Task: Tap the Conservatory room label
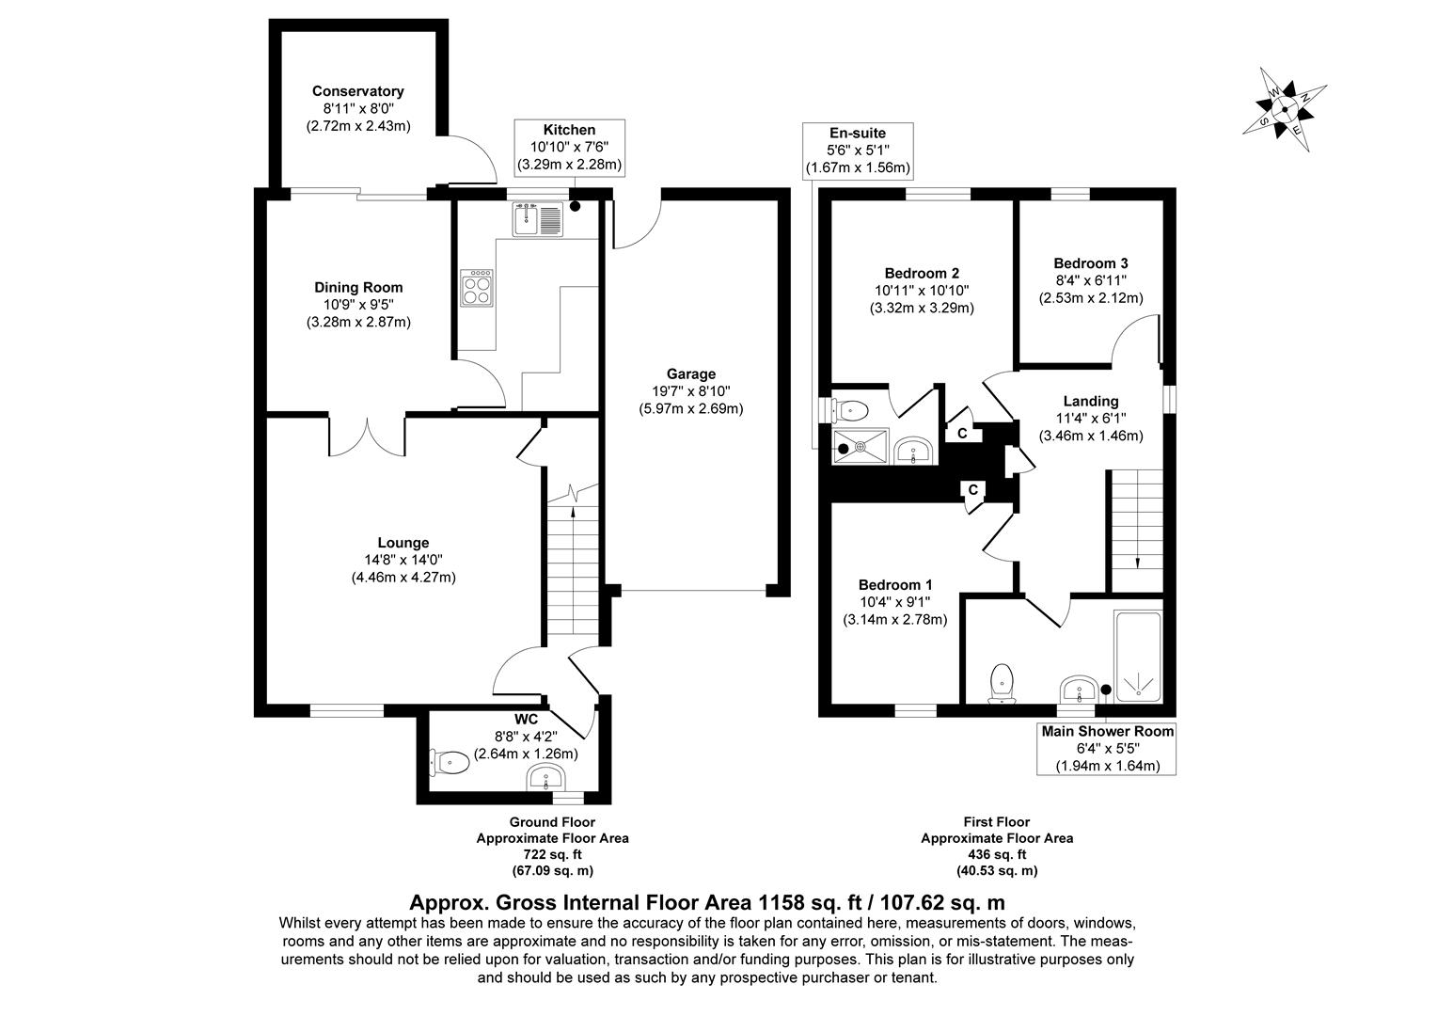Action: point(358,91)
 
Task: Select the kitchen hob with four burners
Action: point(477,287)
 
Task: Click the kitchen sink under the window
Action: point(537,219)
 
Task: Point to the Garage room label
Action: point(691,373)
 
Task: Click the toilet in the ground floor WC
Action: point(450,761)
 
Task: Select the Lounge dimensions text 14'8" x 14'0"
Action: point(403,560)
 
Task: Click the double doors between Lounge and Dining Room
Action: point(368,435)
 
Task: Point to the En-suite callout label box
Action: point(857,151)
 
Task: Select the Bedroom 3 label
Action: point(1091,263)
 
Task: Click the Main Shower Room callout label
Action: point(1107,748)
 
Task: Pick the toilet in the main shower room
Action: point(1003,682)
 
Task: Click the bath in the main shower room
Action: point(1138,659)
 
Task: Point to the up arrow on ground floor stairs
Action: point(573,517)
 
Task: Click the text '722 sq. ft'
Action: point(552,854)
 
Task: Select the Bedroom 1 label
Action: point(895,584)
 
